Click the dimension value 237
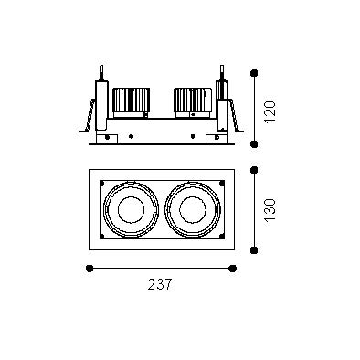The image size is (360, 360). coord(160,284)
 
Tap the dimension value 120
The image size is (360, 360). coord(270,111)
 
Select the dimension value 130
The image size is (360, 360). coord(270,210)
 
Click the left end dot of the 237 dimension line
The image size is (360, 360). coord(90,269)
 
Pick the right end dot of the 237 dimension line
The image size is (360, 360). coord(233,269)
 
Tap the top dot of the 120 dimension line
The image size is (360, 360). coord(254,73)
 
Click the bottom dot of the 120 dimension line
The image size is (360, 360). coord(254,143)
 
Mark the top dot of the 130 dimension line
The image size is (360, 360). coord(254,170)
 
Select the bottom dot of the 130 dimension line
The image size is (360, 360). coord(254,250)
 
